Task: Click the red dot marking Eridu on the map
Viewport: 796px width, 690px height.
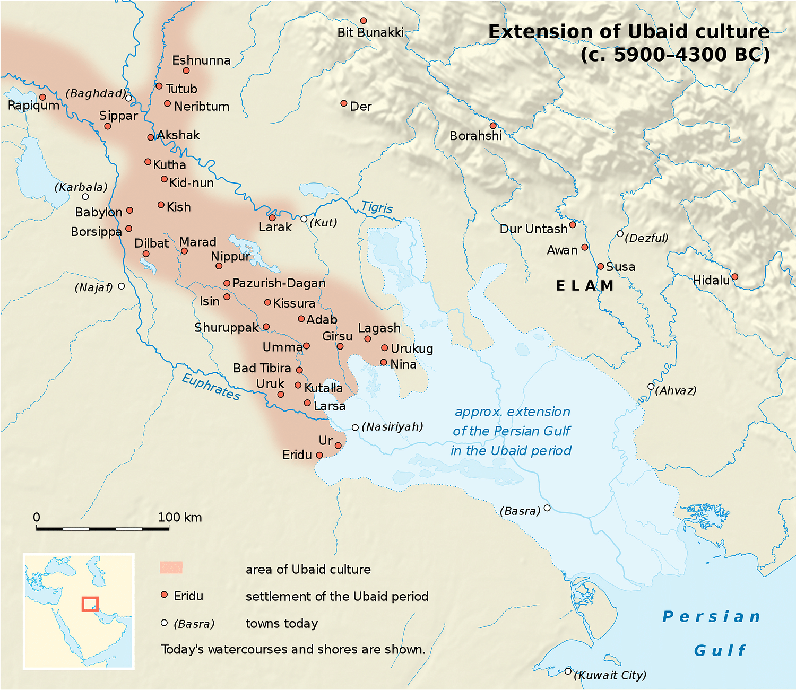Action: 319,455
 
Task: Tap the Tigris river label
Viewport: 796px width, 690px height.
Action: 377,207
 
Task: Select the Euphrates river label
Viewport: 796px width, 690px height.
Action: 211,387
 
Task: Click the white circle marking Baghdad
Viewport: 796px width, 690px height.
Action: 128,98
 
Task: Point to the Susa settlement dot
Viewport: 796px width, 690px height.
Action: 601,266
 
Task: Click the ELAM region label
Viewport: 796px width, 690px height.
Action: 584,286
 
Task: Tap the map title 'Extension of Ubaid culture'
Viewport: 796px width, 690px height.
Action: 628,32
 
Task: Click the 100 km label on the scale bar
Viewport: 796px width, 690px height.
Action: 180,517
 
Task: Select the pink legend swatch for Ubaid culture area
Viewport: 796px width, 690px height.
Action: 171,567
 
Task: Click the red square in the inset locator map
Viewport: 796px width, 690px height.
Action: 90,604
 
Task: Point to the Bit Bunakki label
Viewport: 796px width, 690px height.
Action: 370,32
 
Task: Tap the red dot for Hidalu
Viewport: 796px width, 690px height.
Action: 735,276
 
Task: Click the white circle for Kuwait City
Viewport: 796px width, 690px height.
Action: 568,671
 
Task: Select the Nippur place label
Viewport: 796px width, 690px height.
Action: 230,256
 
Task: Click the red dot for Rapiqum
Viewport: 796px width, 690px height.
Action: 43,98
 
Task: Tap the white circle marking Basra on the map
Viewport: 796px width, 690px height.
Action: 547,508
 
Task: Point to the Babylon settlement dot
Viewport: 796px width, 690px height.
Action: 129,211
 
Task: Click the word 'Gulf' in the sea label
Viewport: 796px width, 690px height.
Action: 719,651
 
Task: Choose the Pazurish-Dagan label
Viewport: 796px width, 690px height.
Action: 279,283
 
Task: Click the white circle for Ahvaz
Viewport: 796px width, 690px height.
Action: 651,386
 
